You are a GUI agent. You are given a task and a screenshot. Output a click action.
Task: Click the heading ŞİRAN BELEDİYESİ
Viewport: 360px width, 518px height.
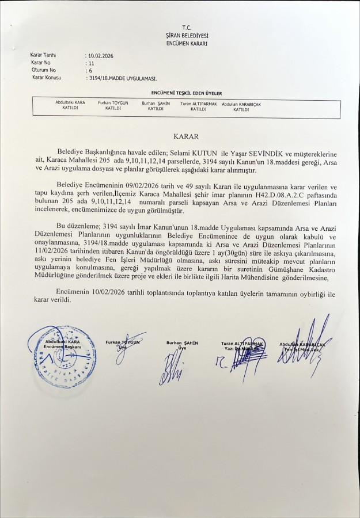(x=186, y=36)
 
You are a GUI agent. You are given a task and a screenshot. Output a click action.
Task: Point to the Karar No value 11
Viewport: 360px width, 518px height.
(x=90, y=62)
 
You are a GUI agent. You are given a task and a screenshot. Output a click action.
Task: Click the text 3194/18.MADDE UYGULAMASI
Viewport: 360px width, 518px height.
(x=122, y=77)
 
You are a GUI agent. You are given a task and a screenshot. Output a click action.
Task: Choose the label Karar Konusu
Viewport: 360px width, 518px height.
(x=47, y=77)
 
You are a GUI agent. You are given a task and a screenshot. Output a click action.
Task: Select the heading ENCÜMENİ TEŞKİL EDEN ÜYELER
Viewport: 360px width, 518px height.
(x=186, y=93)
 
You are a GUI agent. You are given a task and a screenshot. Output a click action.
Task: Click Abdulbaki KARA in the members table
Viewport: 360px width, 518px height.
(x=70, y=102)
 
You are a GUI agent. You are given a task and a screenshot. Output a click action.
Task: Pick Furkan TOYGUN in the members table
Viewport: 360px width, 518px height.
(x=113, y=102)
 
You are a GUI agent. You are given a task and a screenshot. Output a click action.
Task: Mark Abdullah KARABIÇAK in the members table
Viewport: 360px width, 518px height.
(x=241, y=104)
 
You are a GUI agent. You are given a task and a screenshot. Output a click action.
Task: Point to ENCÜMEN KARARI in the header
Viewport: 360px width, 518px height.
(x=186, y=43)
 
